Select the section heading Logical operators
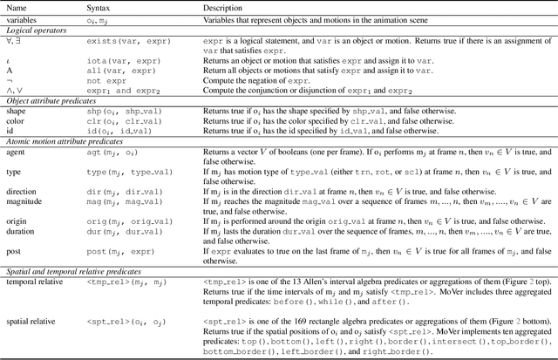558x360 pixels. click(x=34, y=30)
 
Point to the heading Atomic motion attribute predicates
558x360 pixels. click(x=61, y=139)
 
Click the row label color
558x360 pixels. click(x=17, y=121)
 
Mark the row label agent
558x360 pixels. click(x=17, y=151)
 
